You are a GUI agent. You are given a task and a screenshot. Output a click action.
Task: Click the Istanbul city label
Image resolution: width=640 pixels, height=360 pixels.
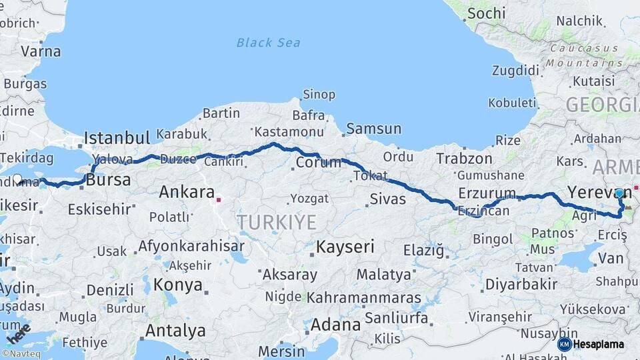click(x=117, y=139)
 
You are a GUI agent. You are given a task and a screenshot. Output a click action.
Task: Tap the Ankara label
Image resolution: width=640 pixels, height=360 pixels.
click(x=186, y=193)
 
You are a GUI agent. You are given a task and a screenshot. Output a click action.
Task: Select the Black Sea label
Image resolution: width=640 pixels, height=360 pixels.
click(x=268, y=43)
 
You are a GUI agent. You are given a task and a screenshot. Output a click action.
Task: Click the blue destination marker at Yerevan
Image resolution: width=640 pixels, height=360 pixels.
click(x=619, y=193)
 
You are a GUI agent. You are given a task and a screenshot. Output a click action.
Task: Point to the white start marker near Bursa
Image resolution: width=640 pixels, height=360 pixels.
click(x=18, y=179)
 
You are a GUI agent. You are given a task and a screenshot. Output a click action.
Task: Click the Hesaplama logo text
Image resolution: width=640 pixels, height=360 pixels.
click(x=598, y=345)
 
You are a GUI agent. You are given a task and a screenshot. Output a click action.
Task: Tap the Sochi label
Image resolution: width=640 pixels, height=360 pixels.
click(x=486, y=13)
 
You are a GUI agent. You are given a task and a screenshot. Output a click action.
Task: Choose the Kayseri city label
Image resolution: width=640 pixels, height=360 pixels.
click(x=345, y=247)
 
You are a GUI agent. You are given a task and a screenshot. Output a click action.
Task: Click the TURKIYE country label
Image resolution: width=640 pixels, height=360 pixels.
click(x=277, y=222)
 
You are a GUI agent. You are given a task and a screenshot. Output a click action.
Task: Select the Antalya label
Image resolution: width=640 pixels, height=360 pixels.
click(x=175, y=330)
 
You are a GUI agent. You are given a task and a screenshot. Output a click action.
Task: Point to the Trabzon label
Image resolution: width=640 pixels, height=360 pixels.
click(x=464, y=159)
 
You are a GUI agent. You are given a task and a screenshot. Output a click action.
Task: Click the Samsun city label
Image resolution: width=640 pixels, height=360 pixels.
click(x=373, y=129)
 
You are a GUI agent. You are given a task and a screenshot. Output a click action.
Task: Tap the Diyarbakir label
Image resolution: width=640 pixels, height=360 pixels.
click(x=521, y=284)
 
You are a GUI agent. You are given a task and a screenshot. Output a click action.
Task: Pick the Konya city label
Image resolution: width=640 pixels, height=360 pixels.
click(x=177, y=285)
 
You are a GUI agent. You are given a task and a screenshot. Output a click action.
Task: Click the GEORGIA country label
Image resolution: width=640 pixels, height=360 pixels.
click(x=601, y=105)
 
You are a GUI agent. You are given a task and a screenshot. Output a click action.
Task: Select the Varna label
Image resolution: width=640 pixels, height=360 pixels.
click(x=41, y=51)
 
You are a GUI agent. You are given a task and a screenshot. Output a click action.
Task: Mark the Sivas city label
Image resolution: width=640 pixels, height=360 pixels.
click(x=387, y=199)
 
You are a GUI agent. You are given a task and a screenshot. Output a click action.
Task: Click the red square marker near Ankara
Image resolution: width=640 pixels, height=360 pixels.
click(x=219, y=198)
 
